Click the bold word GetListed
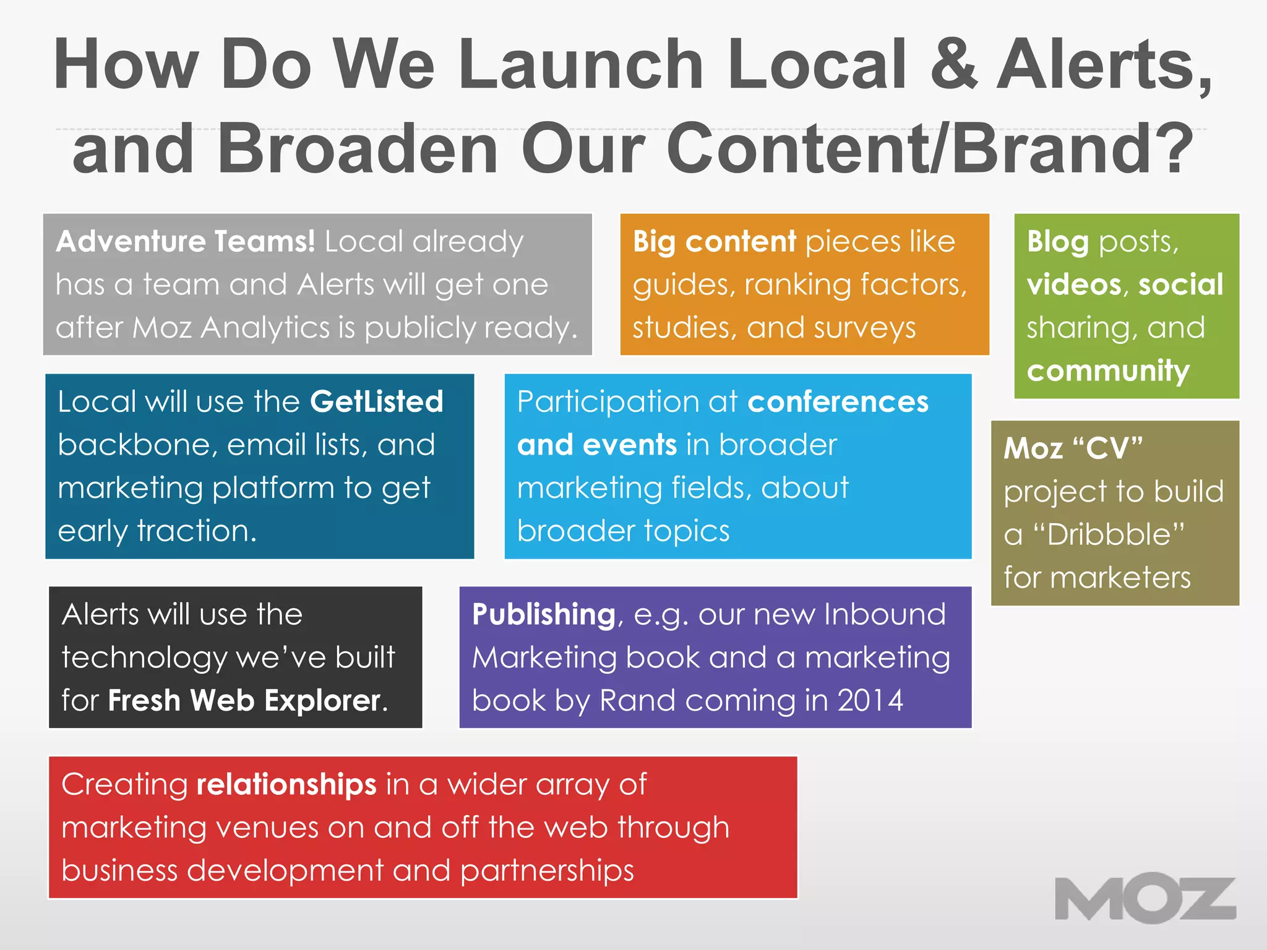[376, 402]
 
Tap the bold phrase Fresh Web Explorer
[244, 701]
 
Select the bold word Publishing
[543, 615]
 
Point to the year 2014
[870, 701]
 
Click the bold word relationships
[286, 784]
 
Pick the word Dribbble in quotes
[1115, 534]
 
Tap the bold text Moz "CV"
[1073, 448]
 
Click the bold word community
[1108, 371]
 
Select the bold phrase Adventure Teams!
[186, 241]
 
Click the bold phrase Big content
[714, 241]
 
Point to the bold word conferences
[838, 402]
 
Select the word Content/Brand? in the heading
[929, 148]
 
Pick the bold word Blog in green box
[1057, 241]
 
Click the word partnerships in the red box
[547, 870]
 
